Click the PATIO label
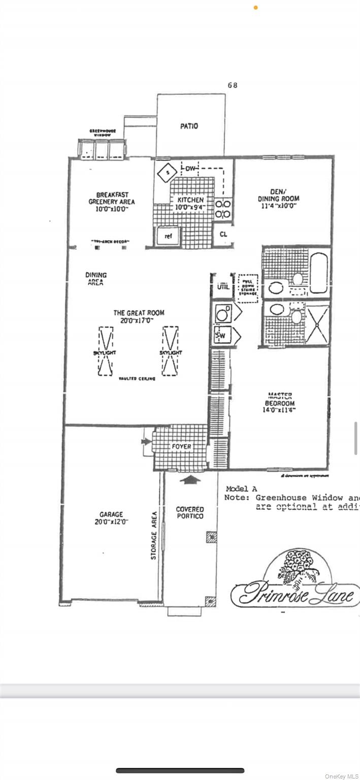(x=189, y=126)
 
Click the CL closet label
(x=223, y=235)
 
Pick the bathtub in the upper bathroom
(x=319, y=273)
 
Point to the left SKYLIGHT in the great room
(x=106, y=351)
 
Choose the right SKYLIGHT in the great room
(x=171, y=351)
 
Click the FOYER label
(x=181, y=447)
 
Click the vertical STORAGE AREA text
(x=153, y=535)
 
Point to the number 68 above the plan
(x=233, y=85)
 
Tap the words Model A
(x=241, y=489)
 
